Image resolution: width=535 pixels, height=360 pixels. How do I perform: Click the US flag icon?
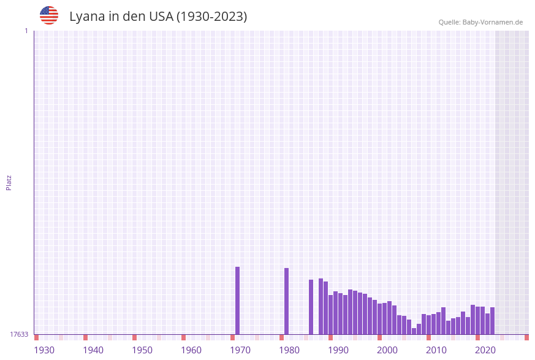49,15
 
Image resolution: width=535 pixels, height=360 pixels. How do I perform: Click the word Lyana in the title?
86,17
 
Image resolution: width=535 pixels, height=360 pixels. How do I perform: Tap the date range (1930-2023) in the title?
211,17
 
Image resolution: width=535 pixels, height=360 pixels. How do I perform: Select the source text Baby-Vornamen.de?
492,22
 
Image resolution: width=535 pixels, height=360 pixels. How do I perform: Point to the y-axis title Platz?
9,183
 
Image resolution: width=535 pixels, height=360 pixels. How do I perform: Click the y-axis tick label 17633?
19,334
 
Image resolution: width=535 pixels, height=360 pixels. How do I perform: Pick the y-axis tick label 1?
26,31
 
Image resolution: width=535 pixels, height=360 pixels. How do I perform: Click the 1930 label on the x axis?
44,350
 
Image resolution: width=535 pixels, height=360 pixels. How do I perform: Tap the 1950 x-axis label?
142,350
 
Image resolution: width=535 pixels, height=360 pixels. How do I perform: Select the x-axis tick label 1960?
191,350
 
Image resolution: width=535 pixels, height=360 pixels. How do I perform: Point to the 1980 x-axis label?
289,350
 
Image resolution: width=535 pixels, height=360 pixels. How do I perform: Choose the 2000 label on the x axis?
387,350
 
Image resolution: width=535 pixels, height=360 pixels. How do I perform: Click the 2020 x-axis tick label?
485,350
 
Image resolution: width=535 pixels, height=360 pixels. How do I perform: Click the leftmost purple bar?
238,301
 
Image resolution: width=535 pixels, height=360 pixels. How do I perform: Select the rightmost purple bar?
492,321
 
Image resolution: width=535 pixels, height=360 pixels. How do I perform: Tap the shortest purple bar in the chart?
414,331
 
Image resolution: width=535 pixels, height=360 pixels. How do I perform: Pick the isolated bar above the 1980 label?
286,301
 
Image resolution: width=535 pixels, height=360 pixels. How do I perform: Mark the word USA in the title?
161,17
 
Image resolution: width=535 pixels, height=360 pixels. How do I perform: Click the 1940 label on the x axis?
93,350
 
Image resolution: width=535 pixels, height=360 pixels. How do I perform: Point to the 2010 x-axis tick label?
436,350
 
